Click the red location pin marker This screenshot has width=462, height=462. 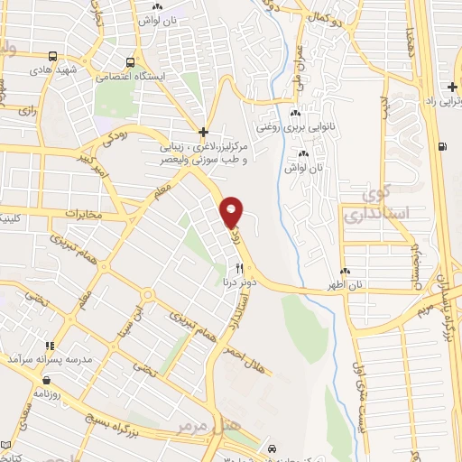(232, 212)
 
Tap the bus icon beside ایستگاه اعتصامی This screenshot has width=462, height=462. (132, 63)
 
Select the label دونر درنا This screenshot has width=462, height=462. (238, 282)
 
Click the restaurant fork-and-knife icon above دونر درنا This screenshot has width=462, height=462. (239, 268)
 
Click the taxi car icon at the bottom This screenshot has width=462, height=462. (273, 448)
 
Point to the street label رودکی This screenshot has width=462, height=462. (126, 137)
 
